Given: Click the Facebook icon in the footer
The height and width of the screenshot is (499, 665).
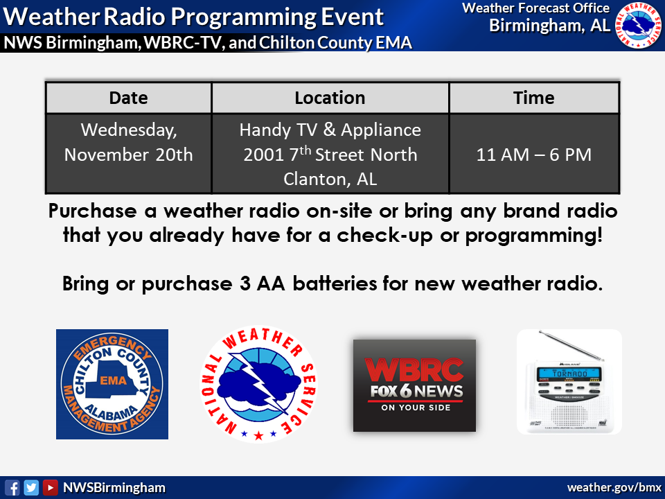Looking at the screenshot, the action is [12, 487].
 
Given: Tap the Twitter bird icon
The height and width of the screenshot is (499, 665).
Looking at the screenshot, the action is [31, 487].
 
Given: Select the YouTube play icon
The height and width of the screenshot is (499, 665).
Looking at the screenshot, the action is [50, 487].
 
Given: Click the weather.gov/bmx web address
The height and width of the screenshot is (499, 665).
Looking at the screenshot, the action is [614, 487].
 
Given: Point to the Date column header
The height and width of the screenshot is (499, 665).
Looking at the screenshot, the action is [129, 98].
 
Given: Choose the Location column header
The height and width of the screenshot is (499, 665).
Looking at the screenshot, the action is [330, 98].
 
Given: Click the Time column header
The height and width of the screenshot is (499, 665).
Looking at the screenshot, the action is [534, 98].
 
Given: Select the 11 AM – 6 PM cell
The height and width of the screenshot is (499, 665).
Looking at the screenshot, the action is [534, 155].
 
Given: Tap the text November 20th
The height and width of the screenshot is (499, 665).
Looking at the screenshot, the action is [129, 155].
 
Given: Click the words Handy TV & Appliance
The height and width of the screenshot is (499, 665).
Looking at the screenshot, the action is [330, 130].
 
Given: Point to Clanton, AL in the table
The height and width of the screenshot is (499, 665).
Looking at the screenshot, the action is [330, 179].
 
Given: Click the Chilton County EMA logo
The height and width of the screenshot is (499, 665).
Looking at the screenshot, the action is [112, 384].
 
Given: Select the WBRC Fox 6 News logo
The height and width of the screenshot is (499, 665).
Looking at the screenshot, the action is [414, 385].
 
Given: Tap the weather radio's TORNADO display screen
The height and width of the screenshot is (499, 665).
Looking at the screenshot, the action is [569, 374].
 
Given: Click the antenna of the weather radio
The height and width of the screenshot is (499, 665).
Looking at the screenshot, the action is [571, 345].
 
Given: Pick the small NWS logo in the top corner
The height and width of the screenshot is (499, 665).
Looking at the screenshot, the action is [638, 25].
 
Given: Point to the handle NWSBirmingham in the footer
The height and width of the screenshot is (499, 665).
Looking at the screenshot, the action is [114, 487].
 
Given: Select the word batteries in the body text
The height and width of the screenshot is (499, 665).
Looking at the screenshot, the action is [335, 283].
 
